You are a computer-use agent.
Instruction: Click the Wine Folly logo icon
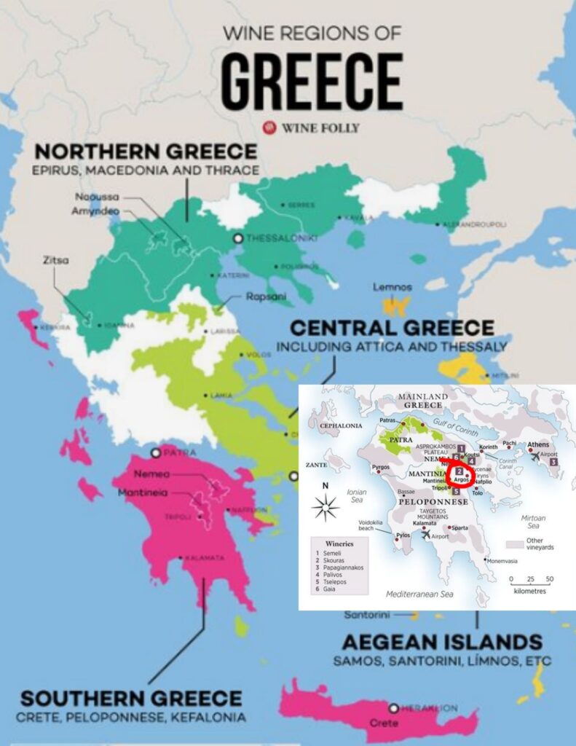tap(270, 127)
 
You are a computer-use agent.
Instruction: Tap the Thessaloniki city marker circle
tap(237, 238)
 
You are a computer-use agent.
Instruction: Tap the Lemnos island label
tap(392, 287)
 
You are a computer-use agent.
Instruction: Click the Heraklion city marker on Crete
tap(393, 707)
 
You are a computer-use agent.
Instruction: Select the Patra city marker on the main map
tap(154, 452)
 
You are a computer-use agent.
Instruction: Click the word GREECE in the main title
tap(312, 82)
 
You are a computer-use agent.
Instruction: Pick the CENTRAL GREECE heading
tap(392, 327)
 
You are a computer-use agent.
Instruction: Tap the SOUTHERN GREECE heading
tap(131, 698)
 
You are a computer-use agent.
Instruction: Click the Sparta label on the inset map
tap(459, 527)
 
